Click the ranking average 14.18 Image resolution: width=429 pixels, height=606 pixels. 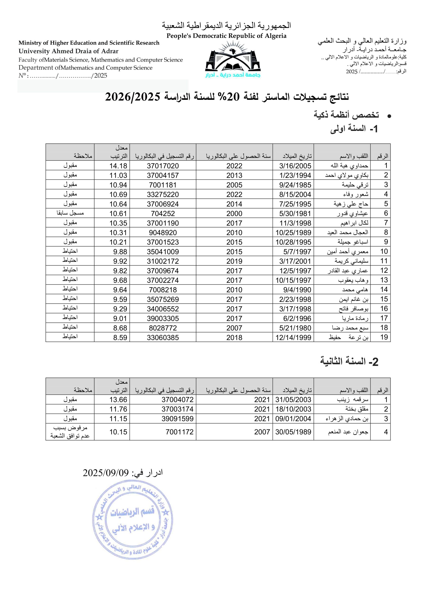click(x=118, y=166)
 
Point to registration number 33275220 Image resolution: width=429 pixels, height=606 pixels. click(x=163, y=195)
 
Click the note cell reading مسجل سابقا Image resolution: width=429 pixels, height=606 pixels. click(x=70, y=213)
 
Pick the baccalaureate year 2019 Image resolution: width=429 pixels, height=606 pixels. click(x=234, y=261)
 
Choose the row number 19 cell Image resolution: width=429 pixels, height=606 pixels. click(x=384, y=337)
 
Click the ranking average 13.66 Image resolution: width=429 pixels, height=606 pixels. click(x=118, y=400)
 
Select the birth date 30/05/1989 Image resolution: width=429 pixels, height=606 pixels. click(x=293, y=432)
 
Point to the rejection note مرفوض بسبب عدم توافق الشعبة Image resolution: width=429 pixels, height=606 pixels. click(x=70, y=432)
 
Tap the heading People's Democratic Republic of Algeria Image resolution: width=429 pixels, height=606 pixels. click(x=226, y=36)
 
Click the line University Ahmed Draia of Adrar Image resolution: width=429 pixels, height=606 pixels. click(x=68, y=51)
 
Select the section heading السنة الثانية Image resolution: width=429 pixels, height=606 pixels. click(x=349, y=361)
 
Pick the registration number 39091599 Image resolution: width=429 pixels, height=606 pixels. click(x=177, y=419)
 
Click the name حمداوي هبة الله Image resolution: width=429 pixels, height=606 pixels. click(x=349, y=166)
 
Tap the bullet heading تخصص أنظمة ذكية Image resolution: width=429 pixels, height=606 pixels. click(x=346, y=115)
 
